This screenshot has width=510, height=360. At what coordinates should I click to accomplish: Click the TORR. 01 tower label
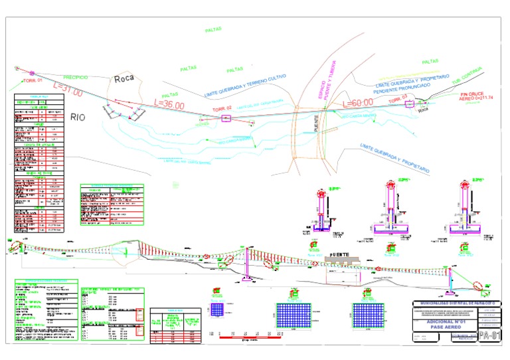tap(33, 80)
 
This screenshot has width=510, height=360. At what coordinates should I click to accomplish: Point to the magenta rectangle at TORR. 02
tap(226, 118)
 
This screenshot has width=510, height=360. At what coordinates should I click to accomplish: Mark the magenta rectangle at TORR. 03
tap(409, 104)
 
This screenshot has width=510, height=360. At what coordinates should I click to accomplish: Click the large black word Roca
tap(124, 78)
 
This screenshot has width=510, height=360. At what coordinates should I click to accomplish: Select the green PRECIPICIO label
tap(80, 77)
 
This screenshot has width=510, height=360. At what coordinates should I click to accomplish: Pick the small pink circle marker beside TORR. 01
tap(31, 72)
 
